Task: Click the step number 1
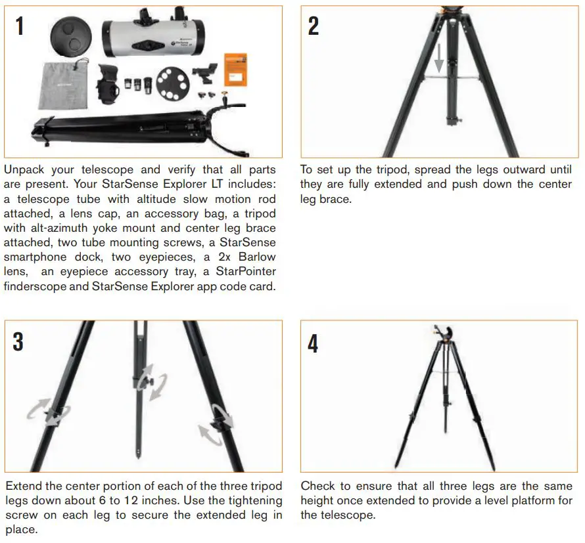19,27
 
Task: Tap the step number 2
314,27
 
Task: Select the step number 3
18,341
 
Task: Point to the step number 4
314,342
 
